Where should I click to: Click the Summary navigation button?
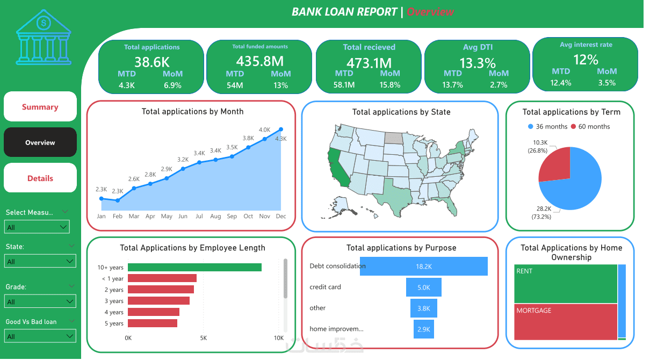(x=40, y=107)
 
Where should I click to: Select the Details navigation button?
(x=40, y=178)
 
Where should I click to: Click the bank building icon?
(x=44, y=37)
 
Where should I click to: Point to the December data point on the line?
(x=281, y=129)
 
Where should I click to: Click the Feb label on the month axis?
(x=118, y=217)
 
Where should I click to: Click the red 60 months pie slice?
(x=556, y=164)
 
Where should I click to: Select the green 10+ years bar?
(x=194, y=267)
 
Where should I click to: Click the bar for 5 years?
(x=153, y=323)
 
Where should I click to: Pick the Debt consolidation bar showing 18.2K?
(x=424, y=267)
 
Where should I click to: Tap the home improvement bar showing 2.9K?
(x=424, y=329)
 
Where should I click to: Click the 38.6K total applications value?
(x=152, y=62)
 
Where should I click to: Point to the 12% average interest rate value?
(x=586, y=60)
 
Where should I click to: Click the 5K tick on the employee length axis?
(x=204, y=338)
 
